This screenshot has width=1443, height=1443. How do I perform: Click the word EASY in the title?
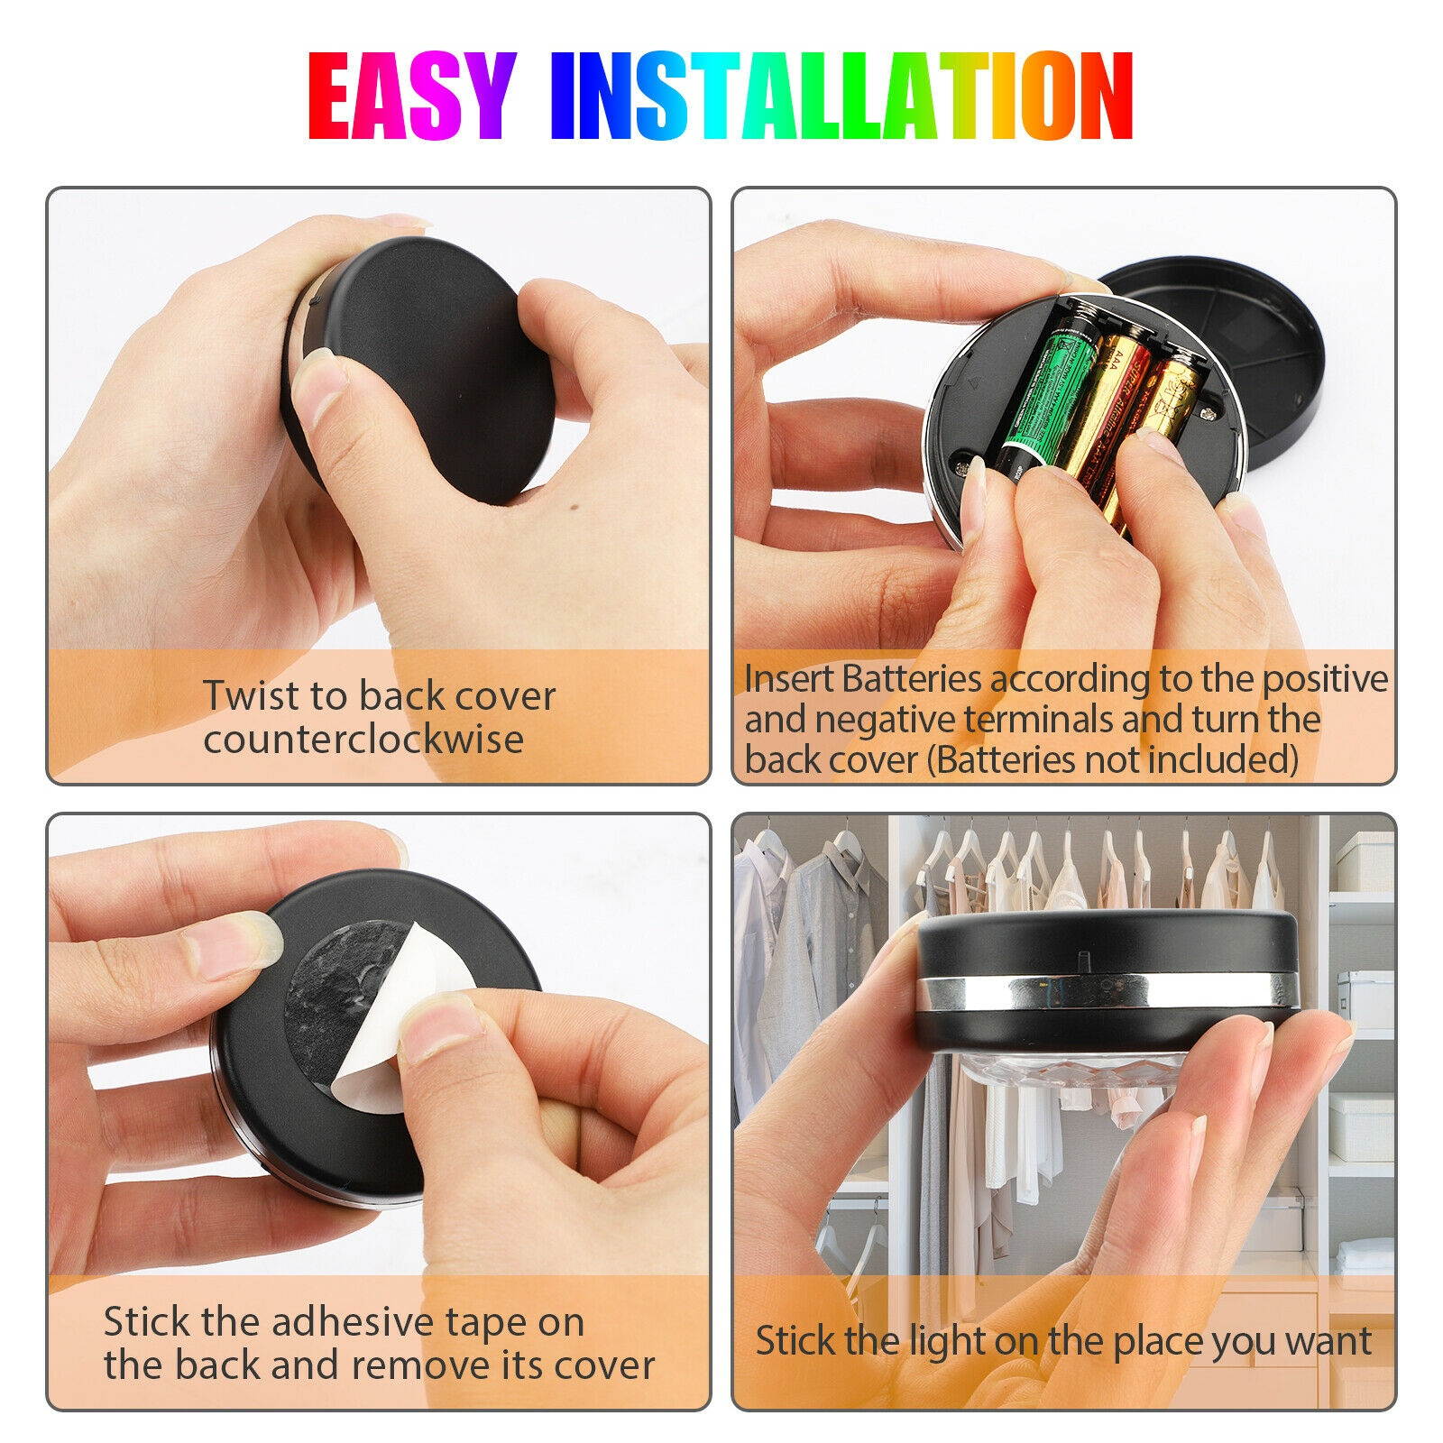pos(411,96)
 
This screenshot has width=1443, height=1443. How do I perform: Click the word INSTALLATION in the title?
pos(841,96)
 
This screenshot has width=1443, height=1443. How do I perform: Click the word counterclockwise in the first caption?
pos(363,739)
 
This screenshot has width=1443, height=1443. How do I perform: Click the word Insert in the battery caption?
pos(789,678)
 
